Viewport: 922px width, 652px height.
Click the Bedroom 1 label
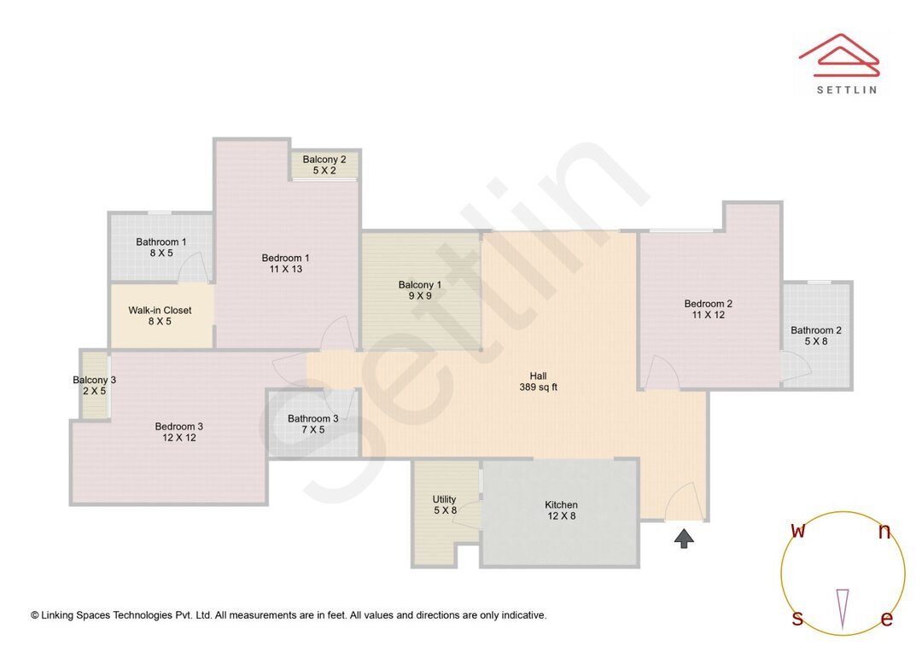285,264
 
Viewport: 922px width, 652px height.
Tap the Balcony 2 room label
324,165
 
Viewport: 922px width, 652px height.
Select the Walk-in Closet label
160,316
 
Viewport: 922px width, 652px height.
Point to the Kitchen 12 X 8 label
561,510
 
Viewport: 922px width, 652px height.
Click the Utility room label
445,505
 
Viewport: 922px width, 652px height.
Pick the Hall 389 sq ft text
538,381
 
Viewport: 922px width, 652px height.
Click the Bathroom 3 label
312,424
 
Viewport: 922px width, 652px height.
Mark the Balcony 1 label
419,290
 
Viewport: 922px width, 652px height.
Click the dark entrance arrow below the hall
684,538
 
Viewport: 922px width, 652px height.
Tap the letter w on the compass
798,531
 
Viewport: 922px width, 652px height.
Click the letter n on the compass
884,532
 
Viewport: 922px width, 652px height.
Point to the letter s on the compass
797,619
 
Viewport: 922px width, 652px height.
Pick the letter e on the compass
886,620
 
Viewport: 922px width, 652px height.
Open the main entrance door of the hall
686,504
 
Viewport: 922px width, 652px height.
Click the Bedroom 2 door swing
661,373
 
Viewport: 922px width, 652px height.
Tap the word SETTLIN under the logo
846,90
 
